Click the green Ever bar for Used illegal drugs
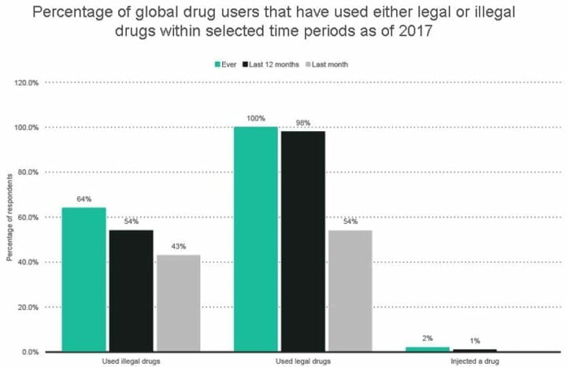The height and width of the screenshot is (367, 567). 83,279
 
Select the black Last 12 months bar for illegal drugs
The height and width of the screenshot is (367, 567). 131,290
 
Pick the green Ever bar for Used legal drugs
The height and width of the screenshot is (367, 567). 255,239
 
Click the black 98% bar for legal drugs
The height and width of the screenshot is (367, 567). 302,241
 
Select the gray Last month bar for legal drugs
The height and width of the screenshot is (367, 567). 350,290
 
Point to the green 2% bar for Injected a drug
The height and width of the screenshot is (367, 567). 427,349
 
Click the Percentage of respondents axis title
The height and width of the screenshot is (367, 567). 9,216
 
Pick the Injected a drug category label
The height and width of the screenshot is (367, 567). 473,361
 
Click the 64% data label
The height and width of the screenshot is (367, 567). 83,200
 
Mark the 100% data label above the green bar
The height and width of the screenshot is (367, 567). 255,119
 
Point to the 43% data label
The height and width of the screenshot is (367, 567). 178,247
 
